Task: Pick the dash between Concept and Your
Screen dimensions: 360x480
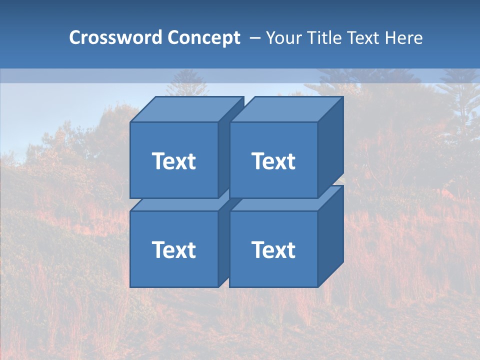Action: pyautogui.click(x=254, y=38)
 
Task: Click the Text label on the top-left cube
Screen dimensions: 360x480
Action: pyautogui.click(x=174, y=161)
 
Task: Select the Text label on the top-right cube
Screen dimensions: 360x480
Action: pyautogui.click(x=273, y=161)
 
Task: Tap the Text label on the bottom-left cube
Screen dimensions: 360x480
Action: pyautogui.click(x=174, y=249)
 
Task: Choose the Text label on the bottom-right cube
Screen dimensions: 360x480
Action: pyautogui.click(x=273, y=249)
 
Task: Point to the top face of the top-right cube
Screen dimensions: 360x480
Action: pyautogui.click(x=286, y=109)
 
